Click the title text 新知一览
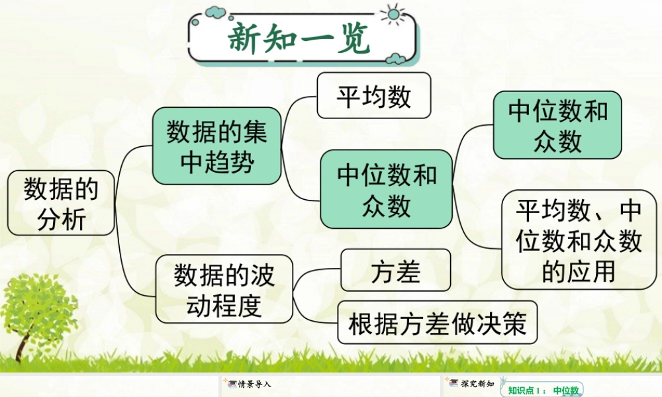299,38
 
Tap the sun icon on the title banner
393,15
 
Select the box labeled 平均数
373,95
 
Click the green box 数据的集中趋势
216,146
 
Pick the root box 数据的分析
61,203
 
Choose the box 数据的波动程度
224,289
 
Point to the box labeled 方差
396,270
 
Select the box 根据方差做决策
438,322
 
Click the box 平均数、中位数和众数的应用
579,240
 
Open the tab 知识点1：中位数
542,390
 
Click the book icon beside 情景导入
232,384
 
